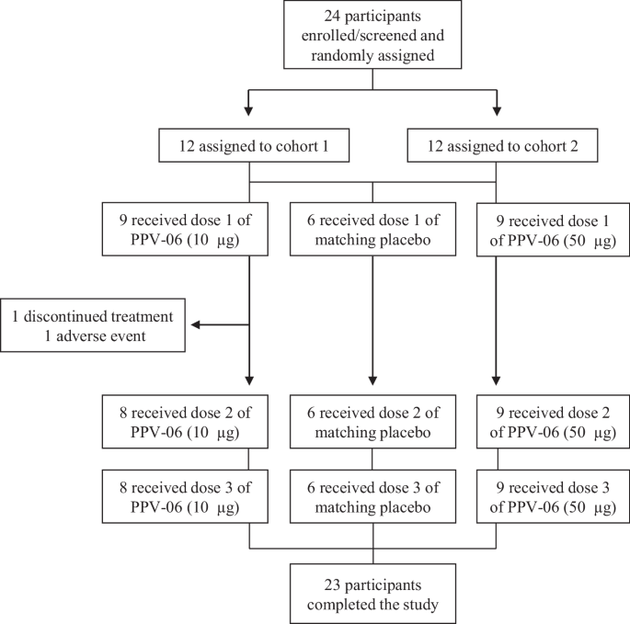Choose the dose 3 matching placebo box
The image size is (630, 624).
(x=372, y=497)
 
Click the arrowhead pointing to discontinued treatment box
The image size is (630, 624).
(x=196, y=323)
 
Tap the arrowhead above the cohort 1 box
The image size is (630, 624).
(x=249, y=113)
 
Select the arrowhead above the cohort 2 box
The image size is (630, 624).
(x=497, y=113)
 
